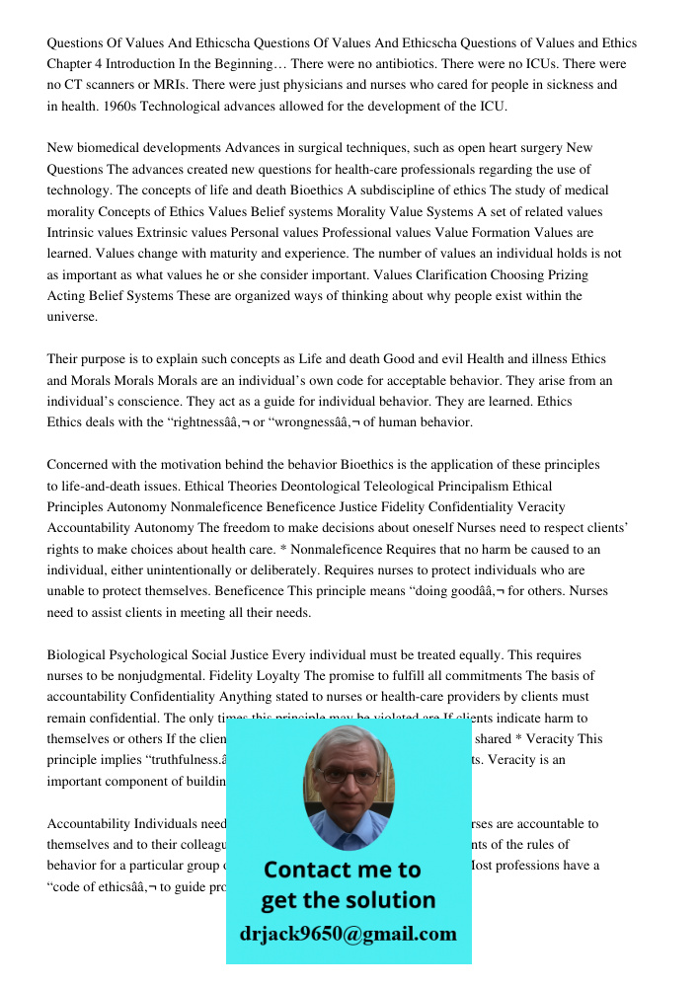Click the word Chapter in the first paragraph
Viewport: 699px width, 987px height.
72,63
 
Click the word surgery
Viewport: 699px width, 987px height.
540,148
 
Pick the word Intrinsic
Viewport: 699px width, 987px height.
74,233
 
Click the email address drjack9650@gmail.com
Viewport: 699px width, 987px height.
349,934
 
